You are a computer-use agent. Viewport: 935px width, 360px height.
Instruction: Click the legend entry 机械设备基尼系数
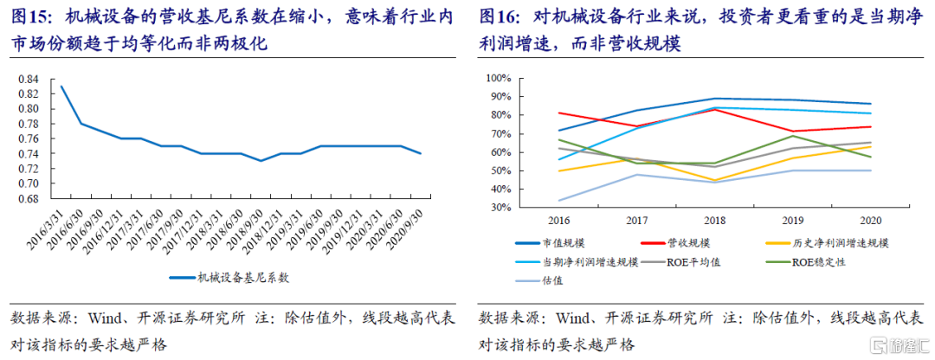point(242,278)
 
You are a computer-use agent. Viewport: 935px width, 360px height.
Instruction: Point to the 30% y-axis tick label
point(501,208)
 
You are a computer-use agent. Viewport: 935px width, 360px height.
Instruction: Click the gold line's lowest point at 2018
point(714,180)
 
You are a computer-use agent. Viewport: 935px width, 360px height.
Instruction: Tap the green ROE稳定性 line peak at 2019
point(794,136)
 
